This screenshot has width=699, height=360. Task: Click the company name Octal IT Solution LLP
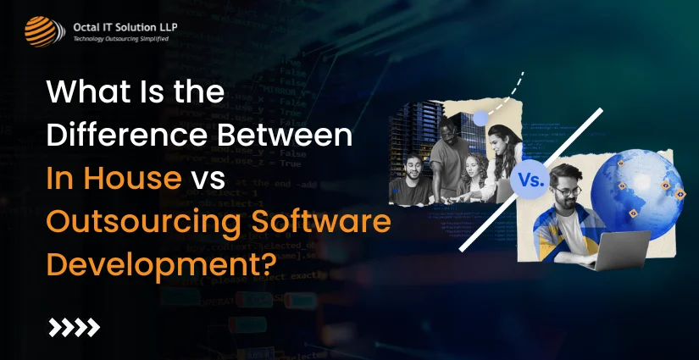pos(125,26)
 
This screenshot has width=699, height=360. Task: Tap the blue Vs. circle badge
pos(529,180)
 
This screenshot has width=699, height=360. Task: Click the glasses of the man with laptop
pos(569,191)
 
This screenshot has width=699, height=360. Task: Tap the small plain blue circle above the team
pos(481,118)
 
